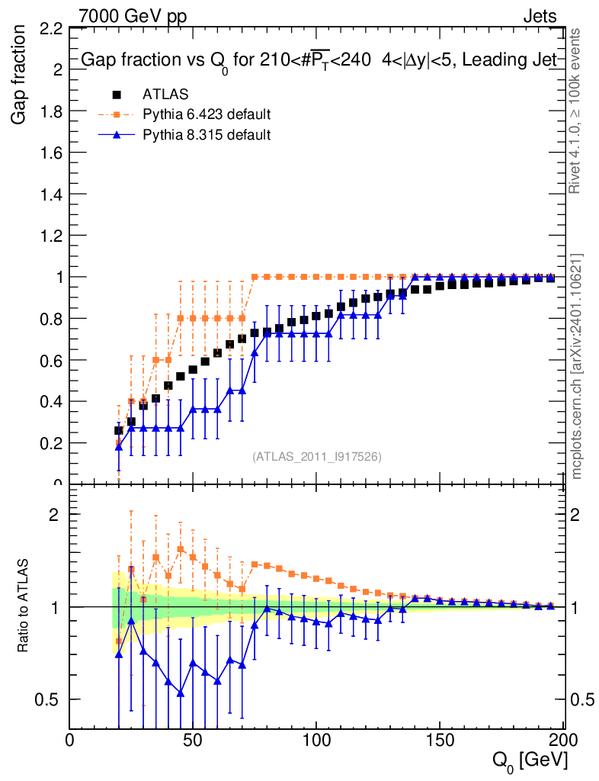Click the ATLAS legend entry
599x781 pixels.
(x=165, y=95)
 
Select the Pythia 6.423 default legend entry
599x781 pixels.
(x=207, y=115)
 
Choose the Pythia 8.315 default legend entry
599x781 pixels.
(x=207, y=135)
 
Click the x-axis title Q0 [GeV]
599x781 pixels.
(x=530, y=760)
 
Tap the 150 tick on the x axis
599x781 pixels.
(x=440, y=740)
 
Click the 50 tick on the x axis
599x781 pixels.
(x=193, y=740)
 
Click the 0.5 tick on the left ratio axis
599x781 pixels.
(x=51, y=699)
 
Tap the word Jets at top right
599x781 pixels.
(x=540, y=16)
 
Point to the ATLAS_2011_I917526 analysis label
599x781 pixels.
(x=317, y=456)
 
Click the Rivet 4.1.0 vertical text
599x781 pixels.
(x=576, y=111)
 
